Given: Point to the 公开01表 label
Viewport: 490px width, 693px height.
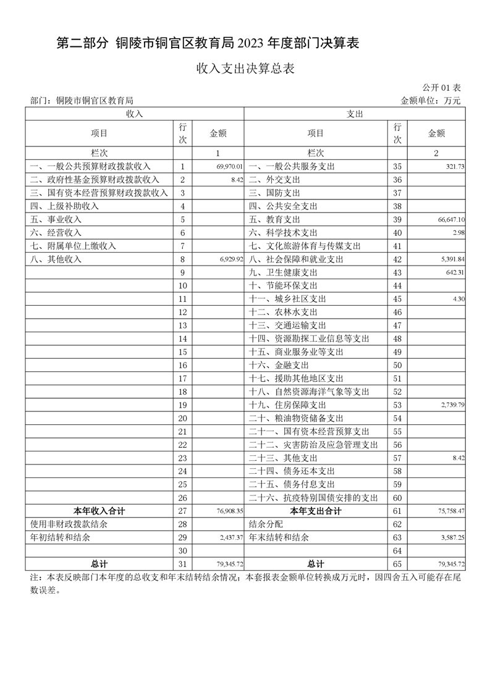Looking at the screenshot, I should pyautogui.click(x=442, y=88).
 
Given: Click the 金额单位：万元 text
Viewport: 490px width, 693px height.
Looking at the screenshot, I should pyautogui.click(x=431, y=101).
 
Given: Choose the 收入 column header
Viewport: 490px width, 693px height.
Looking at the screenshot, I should pyautogui.click(x=135, y=114).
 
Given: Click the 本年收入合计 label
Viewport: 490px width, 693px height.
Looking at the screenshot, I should pyautogui.click(x=99, y=511).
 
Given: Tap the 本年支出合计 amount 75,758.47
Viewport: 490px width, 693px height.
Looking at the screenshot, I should pyautogui.click(x=450, y=511).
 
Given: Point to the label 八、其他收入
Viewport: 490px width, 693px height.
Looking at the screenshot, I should pyautogui.click(x=56, y=259).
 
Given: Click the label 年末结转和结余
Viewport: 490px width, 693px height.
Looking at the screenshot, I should pyautogui.click(x=278, y=538).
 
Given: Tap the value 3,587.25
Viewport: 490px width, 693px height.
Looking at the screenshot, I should pyautogui.click(x=452, y=538).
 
